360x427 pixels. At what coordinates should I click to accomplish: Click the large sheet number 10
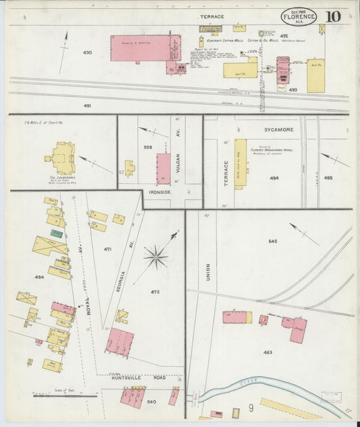pos(332,17)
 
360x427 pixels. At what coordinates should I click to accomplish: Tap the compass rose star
pos(155,257)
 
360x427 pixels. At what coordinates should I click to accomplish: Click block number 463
pos(268,352)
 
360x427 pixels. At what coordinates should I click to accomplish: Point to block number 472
pos(155,292)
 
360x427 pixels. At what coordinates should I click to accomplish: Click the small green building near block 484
pos(57,234)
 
